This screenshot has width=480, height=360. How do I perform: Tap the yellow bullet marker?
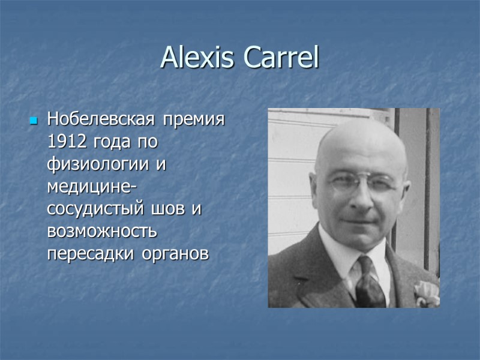pos(34,121)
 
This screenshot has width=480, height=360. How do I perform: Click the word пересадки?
pos(91,253)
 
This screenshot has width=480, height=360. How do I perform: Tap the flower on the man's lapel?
pos(427,293)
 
